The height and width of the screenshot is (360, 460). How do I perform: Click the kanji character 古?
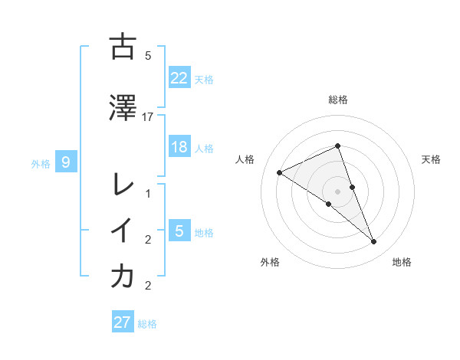coord(123,47)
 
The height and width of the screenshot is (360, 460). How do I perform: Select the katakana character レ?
coord(123,185)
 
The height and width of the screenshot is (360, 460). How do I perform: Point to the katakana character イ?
coord(123,231)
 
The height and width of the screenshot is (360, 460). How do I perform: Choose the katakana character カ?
coord(123,277)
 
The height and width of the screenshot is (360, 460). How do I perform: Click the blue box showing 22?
coord(179,77)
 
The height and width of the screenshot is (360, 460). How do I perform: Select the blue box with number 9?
coord(67,162)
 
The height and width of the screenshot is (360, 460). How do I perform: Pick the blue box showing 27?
coord(123,322)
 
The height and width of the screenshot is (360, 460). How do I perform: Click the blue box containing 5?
coord(179,231)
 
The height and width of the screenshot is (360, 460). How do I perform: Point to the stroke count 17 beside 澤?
coord(148,116)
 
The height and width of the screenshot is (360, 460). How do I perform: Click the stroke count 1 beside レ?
coord(148,194)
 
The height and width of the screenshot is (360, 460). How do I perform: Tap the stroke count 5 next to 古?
coord(148,55)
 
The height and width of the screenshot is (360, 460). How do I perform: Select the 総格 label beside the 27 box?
coord(147,324)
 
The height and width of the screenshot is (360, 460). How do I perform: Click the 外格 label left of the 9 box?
coord(41,163)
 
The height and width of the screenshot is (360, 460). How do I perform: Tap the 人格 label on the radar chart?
coord(245,159)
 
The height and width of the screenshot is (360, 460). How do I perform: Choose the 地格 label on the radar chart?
coord(402,262)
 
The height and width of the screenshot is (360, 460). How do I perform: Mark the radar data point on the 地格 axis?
coord(374,242)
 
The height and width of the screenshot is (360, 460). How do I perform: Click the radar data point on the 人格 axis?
coord(280,172)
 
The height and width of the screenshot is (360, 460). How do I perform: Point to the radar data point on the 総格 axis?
coord(338,146)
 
